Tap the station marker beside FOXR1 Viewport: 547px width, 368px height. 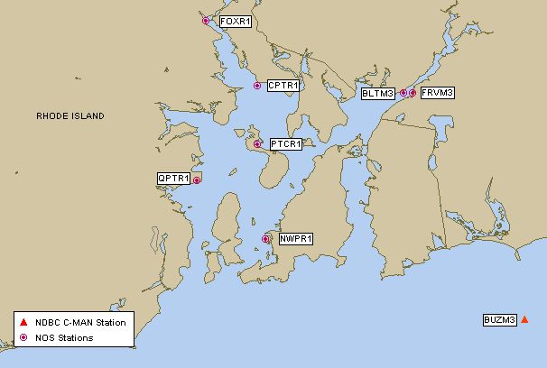[206, 21]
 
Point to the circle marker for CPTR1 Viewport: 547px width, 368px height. [257, 86]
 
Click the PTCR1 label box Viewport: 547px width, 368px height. [285, 143]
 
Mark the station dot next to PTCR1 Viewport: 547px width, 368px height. [257, 143]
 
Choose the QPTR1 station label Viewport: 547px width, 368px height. [173, 179]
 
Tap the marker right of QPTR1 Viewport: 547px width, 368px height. [197, 180]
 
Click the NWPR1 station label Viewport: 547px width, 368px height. [295, 239]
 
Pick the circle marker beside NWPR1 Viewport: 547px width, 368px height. [266, 239]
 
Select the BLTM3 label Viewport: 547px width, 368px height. [378, 93]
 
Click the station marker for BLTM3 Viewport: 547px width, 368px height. [403, 93]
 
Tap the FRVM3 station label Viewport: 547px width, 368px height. [438, 92]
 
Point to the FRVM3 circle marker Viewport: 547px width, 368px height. [413, 93]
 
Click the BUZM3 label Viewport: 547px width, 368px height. [499, 319]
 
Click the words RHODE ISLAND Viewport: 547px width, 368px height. [70, 116]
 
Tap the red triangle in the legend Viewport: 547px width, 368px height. [24, 322]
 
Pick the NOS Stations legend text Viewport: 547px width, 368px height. [64, 338]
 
